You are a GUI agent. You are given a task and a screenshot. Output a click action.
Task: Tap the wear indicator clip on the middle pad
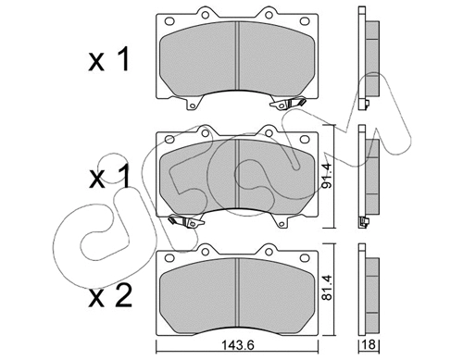186,222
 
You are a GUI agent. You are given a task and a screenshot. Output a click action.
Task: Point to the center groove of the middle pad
239,175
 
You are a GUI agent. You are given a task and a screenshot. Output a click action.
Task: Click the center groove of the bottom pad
239,292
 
